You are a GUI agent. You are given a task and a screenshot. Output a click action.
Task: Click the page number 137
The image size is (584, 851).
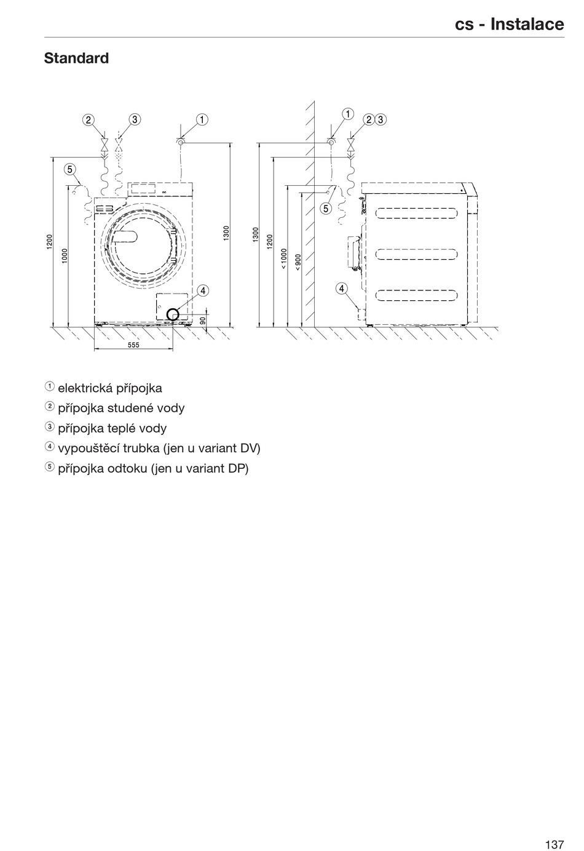(x=553, y=827)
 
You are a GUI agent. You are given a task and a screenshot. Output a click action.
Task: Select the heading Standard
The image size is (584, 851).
(x=76, y=58)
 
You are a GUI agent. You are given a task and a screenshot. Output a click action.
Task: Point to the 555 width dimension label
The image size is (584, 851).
(x=133, y=345)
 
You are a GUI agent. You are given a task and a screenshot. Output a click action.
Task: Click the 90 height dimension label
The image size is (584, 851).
(x=203, y=321)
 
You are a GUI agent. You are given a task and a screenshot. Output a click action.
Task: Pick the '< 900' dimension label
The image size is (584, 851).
(x=298, y=262)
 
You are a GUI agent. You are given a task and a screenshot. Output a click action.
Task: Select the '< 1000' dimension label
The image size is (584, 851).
(x=283, y=258)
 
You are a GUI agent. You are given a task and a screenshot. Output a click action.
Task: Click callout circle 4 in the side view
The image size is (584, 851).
(x=341, y=288)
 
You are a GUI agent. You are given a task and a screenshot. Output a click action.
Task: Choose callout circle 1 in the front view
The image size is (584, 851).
(x=202, y=119)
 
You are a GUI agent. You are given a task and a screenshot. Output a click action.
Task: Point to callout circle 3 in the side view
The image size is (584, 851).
(x=381, y=119)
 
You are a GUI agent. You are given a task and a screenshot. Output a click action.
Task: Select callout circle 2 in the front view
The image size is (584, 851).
(x=89, y=119)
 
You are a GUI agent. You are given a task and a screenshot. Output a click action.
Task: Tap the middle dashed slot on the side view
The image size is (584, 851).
(x=417, y=254)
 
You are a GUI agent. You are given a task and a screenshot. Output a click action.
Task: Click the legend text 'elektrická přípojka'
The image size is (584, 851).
(x=110, y=388)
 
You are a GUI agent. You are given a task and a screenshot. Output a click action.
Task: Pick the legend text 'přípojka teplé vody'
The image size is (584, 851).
(x=112, y=428)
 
